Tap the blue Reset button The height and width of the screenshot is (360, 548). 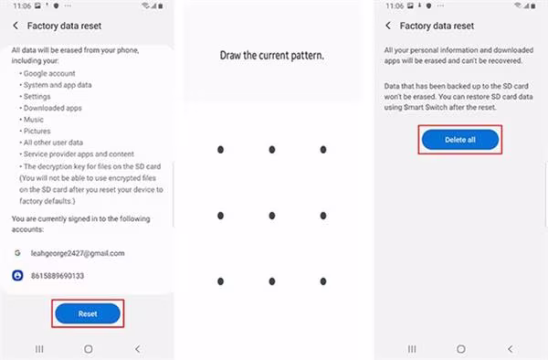coord(88,313)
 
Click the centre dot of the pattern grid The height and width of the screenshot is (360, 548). coord(272,216)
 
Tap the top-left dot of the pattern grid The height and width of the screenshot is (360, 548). coord(220,150)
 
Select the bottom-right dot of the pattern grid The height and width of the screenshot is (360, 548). coord(323,281)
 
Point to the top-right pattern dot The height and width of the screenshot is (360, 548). coord(323,150)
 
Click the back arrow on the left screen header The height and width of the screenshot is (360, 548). coord(16,26)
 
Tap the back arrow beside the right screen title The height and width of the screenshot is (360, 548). coord(388,26)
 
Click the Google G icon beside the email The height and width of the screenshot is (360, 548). coord(17,253)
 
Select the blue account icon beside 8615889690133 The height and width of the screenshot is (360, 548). coord(17,275)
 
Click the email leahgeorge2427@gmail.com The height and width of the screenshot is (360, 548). coord(78,253)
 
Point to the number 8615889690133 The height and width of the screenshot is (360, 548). coord(58,276)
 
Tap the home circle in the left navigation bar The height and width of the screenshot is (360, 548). coord(89,349)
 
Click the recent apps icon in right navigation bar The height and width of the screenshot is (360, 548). coord(412,349)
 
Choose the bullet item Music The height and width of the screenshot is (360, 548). coord(34,120)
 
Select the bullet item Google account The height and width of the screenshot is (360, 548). coord(49,73)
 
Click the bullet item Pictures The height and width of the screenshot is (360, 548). coord(37,131)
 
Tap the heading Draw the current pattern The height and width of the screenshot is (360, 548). coord(272,55)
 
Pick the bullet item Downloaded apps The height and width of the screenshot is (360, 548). coord(52,108)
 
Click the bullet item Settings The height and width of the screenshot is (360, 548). coord(37,97)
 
